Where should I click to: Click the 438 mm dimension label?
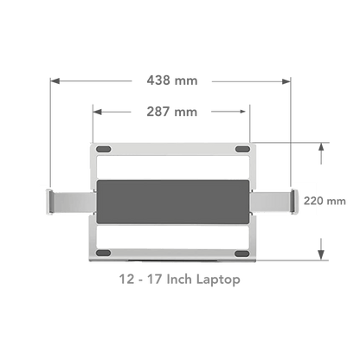pos(172,80)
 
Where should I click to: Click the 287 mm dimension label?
pos(172,112)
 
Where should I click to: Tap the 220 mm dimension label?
pos(325,201)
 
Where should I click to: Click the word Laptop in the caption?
pos(218,280)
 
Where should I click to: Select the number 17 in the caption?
pos(154,280)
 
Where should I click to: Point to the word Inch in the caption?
pos(179,280)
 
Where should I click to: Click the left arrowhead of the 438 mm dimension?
pos(55,81)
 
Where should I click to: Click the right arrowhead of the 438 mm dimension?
pos(286,81)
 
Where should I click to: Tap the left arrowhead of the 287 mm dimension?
pos(97,112)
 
